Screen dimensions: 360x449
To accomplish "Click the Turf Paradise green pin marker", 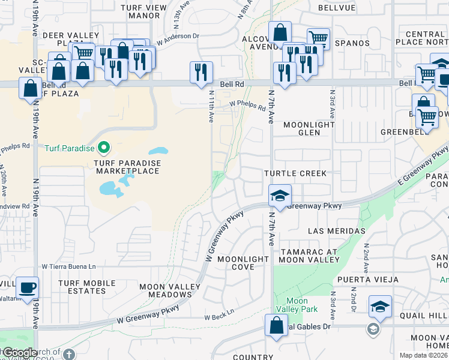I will (x=103, y=147).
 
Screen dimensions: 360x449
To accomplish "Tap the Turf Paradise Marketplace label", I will (x=126, y=167).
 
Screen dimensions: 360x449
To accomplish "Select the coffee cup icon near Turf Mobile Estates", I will (x=27, y=287).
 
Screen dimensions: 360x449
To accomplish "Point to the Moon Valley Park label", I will (x=297, y=305).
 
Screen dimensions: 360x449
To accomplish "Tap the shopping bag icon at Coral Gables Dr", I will (x=276, y=326).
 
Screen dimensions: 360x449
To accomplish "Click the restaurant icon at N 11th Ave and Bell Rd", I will (x=201, y=72).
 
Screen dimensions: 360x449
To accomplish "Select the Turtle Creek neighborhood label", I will (x=295, y=173).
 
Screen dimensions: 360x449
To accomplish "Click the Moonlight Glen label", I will (x=309, y=128).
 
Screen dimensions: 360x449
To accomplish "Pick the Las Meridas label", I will (x=337, y=231).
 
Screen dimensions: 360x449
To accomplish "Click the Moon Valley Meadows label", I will (x=166, y=290).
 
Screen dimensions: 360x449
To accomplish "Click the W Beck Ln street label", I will (x=218, y=317).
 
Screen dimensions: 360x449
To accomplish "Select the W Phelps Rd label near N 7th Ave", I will (x=248, y=106).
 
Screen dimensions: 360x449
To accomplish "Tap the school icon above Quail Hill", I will (x=380, y=306).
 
